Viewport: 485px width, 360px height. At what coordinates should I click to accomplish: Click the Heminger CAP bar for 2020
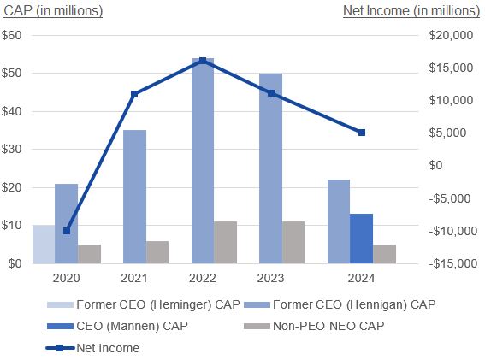coord(43,245)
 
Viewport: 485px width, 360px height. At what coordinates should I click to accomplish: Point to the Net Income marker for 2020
coord(66,231)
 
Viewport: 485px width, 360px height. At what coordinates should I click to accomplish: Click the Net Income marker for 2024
coord(362,133)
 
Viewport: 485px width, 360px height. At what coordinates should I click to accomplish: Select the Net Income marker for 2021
coord(134,93)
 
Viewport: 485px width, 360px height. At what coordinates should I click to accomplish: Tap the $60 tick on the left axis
coord(14,36)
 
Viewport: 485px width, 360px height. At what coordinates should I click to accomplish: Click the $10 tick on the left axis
coord(14,226)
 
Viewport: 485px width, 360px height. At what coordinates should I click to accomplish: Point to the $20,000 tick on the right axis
coord(451,36)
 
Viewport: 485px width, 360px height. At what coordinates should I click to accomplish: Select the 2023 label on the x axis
coord(270,278)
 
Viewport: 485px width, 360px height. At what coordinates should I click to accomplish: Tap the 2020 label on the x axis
coord(66,278)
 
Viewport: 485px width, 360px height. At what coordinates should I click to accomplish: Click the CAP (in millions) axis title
coord(54,11)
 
